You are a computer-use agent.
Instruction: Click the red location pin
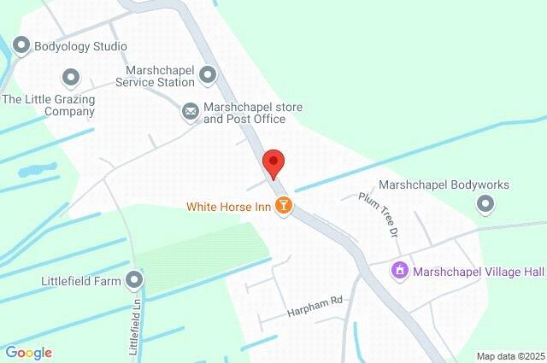(x=273, y=162)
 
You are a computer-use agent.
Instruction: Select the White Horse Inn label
(x=228, y=206)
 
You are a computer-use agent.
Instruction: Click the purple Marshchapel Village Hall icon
(x=399, y=271)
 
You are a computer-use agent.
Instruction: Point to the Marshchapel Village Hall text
(x=479, y=272)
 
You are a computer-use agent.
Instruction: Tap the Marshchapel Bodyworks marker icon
(x=485, y=203)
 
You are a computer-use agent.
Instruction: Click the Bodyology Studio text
(x=81, y=46)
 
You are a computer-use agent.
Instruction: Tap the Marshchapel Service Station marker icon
(x=208, y=77)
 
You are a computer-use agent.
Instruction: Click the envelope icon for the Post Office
(x=190, y=111)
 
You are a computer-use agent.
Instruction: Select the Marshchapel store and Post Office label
(x=253, y=113)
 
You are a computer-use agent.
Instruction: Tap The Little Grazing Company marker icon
(x=72, y=79)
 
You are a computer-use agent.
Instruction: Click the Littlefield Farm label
(x=83, y=279)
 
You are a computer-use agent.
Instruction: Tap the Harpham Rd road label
(x=314, y=300)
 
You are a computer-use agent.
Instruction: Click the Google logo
(x=29, y=352)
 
